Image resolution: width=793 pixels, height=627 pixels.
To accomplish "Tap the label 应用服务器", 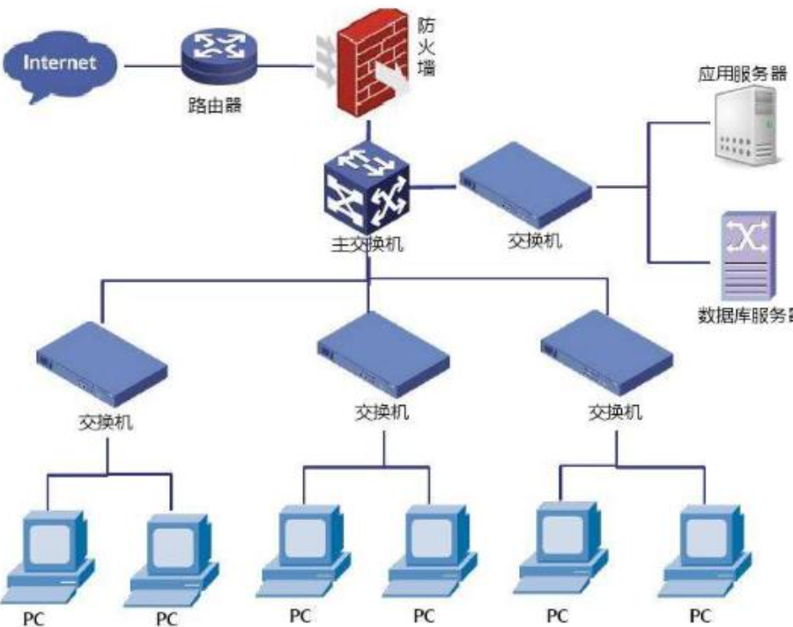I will click(741, 72).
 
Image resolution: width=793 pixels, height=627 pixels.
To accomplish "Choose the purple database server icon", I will click(749, 255).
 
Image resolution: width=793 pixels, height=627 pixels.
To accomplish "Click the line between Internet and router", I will click(151, 64).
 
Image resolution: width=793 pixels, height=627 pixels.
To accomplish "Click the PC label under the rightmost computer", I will click(700, 615).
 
